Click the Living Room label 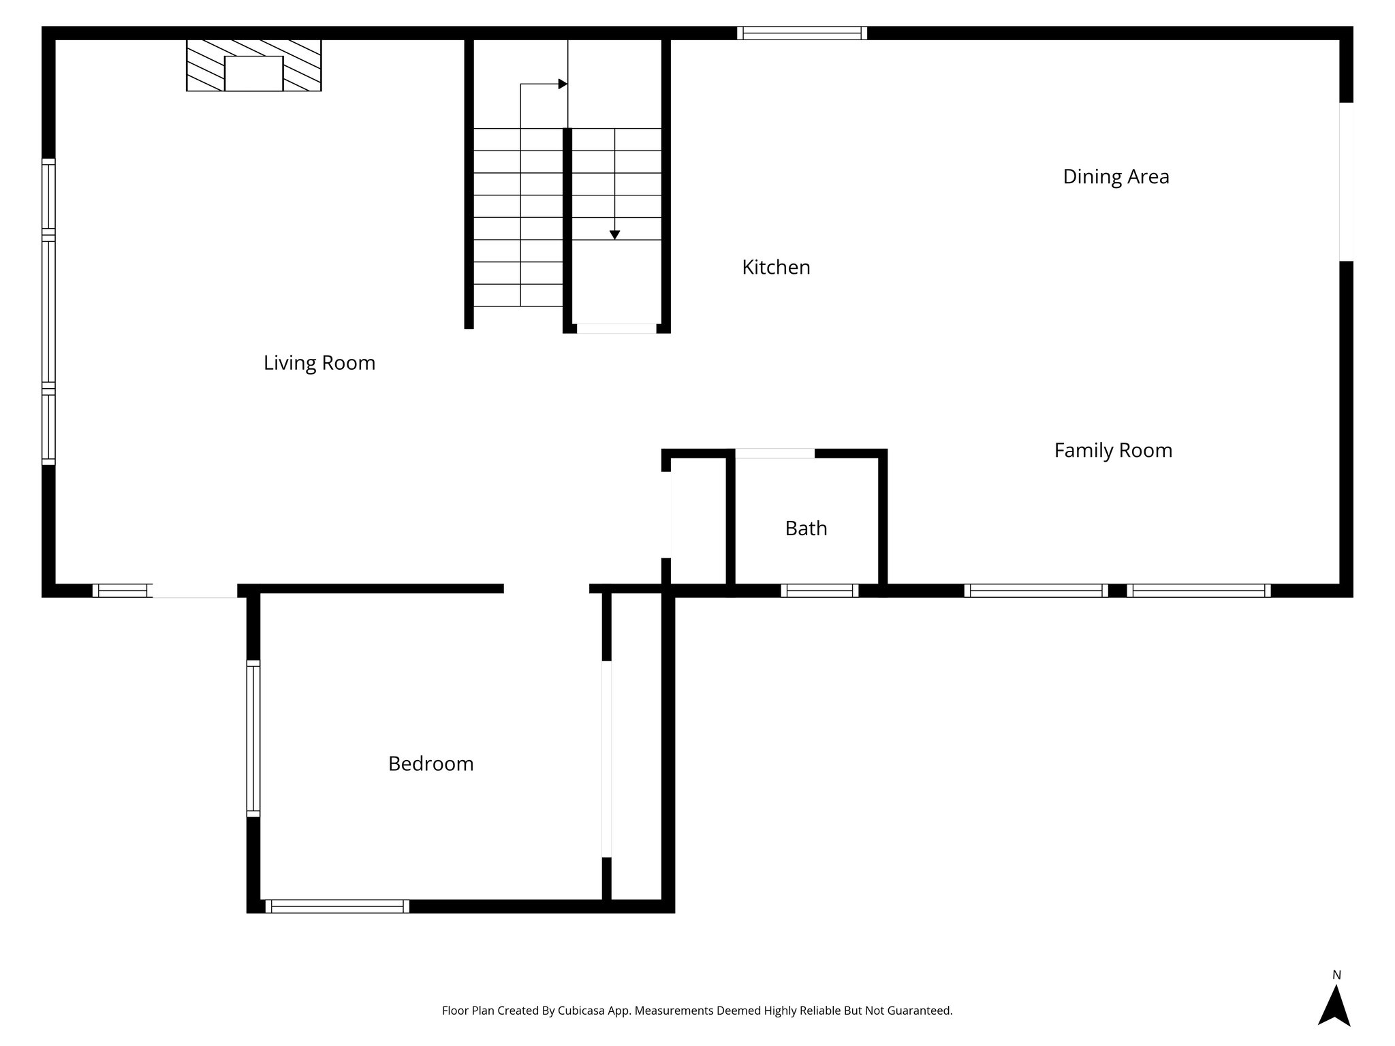[319, 363]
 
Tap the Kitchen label [776, 268]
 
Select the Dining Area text [1116, 177]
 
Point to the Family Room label [1113, 451]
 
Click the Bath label [806, 528]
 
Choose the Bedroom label [430, 764]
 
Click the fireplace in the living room [253, 65]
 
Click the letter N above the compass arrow [1336, 975]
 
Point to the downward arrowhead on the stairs [614, 235]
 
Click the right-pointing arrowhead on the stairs [563, 84]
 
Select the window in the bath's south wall [819, 590]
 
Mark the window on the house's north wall [802, 33]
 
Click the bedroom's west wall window [253, 738]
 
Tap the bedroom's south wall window [337, 906]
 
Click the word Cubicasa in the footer [584, 1011]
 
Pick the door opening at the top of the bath [774, 454]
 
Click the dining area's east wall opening [1346, 181]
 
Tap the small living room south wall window [122, 590]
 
